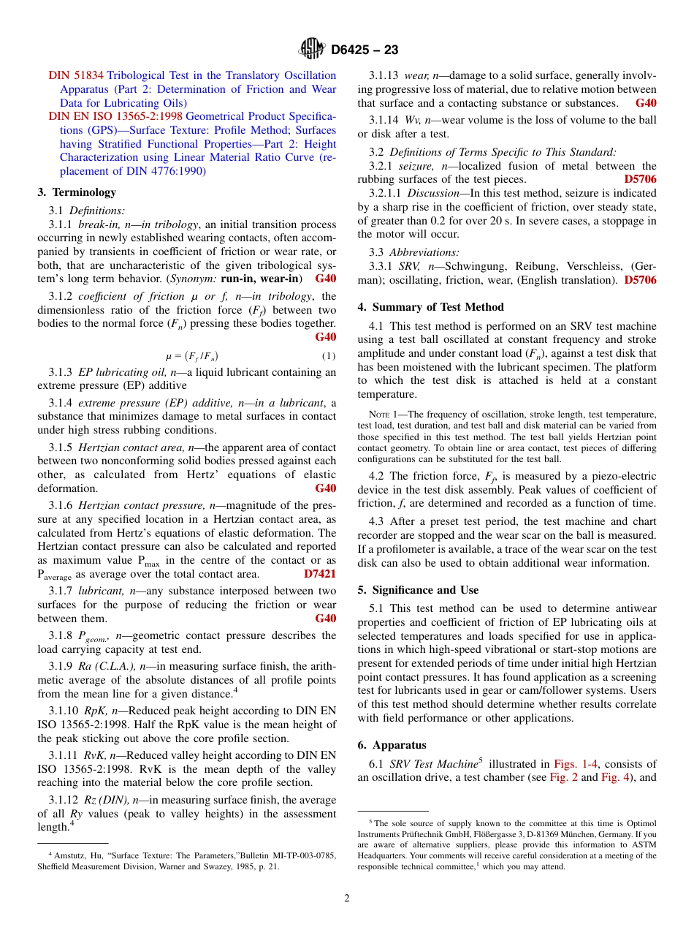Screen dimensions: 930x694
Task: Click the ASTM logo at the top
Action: [312, 49]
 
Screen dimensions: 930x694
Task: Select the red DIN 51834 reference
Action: [77, 75]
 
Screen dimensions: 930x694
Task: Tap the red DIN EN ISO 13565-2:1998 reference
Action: [115, 116]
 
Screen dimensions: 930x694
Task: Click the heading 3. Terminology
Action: [77, 192]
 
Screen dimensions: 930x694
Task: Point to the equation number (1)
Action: [328, 356]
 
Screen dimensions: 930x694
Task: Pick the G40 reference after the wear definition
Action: [646, 103]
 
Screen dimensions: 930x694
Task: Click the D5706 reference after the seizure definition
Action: [640, 178]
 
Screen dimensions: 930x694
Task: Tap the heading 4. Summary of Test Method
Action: [430, 307]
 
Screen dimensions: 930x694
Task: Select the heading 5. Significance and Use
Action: [418, 590]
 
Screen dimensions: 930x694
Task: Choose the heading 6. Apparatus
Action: [392, 745]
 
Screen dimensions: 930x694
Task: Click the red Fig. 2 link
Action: [567, 777]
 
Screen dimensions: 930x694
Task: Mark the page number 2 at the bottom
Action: [347, 899]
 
